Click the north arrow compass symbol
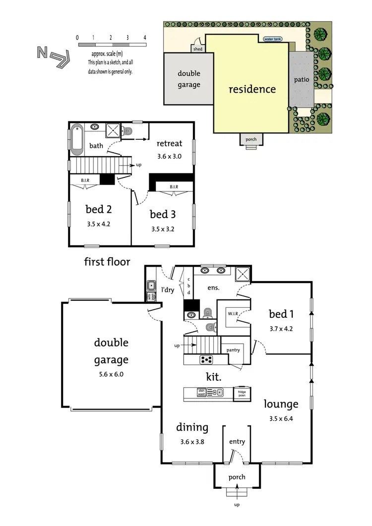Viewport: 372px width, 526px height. point(51,56)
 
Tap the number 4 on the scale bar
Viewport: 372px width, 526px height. point(144,38)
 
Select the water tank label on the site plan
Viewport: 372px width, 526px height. point(272,39)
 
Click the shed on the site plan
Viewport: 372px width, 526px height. point(198,48)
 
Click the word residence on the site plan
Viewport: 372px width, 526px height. point(251,89)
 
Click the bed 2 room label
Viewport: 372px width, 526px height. point(98,209)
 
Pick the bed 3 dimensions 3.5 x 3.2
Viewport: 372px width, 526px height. point(163,229)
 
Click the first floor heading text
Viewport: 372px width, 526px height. point(107,261)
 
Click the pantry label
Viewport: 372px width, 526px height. point(233,350)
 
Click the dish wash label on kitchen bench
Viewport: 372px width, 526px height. point(201,393)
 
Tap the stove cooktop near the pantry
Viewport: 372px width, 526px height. point(206,359)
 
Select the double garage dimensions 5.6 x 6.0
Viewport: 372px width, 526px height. point(111,374)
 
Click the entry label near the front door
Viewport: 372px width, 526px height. point(237,442)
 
